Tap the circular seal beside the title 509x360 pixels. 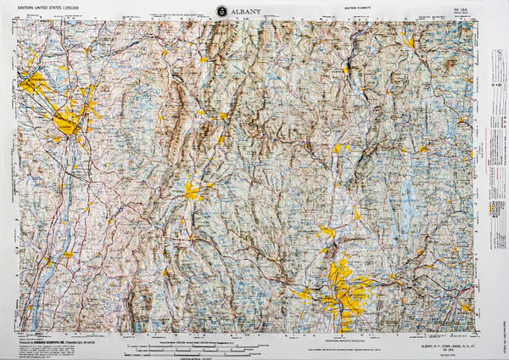click(222, 11)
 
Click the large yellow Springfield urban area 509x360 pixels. click(346, 289)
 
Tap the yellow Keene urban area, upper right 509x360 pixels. click(409, 41)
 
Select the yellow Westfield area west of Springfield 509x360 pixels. click(303, 295)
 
